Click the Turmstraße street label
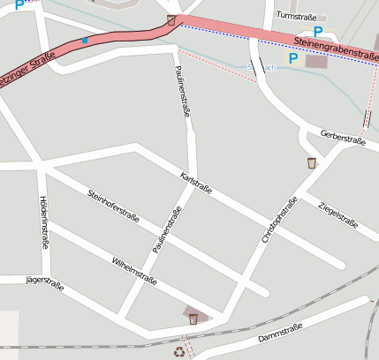[x=296, y=15]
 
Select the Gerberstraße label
[x=344, y=139]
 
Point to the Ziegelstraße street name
[x=337, y=214]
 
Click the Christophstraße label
[x=280, y=220]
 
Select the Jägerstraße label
[x=44, y=281]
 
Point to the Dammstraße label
[x=280, y=334]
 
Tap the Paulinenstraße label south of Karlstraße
[x=165, y=231]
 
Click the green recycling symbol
[x=180, y=351]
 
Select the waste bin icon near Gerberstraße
[x=312, y=162]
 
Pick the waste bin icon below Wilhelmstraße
[x=193, y=319]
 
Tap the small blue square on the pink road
[x=85, y=40]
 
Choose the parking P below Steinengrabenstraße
[x=294, y=59]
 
